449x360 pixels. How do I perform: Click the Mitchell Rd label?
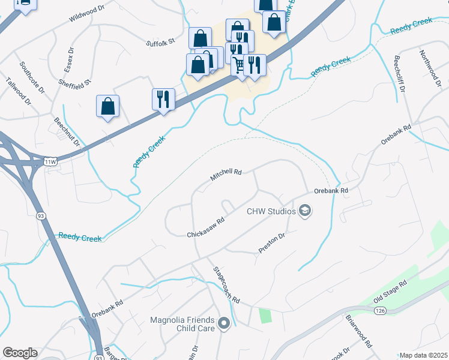tap(226, 175)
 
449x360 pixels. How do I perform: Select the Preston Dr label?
tap(271, 242)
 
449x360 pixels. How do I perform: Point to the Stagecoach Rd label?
tap(227, 284)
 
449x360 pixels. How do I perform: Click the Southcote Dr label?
tap(32, 77)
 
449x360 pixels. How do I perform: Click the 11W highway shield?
tap(52, 161)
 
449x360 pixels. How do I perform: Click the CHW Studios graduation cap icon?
tap(305, 211)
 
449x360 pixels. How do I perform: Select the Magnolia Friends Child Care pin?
tap(224, 324)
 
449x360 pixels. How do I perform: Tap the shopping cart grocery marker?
tap(239, 64)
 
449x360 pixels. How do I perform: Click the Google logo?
tap(20, 353)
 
